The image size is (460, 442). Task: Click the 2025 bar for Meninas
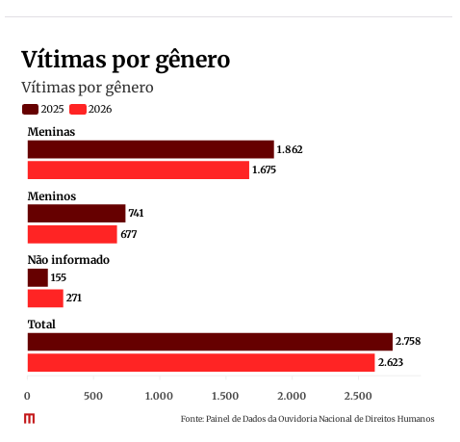point(151,149)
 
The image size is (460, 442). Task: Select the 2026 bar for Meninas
point(139,169)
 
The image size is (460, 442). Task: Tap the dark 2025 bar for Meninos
point(76,214)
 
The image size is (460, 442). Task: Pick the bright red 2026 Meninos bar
point(72,234)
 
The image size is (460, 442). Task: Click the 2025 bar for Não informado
point(38,277)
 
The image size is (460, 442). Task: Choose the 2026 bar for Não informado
point(45,299)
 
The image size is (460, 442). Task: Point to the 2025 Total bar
point(210,342)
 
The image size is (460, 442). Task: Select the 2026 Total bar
point(201,363)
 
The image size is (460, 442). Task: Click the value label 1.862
point(290,149)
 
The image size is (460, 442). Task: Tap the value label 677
point(129,234)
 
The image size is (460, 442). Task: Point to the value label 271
point(74,299)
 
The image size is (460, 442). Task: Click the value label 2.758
point(408,341)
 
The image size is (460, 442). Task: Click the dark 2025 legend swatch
point(30,109)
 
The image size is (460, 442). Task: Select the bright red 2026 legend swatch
point(78,109)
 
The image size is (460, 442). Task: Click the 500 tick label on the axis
point(93,396)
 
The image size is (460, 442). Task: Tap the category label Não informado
point(68,260)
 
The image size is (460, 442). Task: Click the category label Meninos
point(52,196)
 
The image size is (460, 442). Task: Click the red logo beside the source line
point(29,419)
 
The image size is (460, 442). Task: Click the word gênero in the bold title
point(192,61)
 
